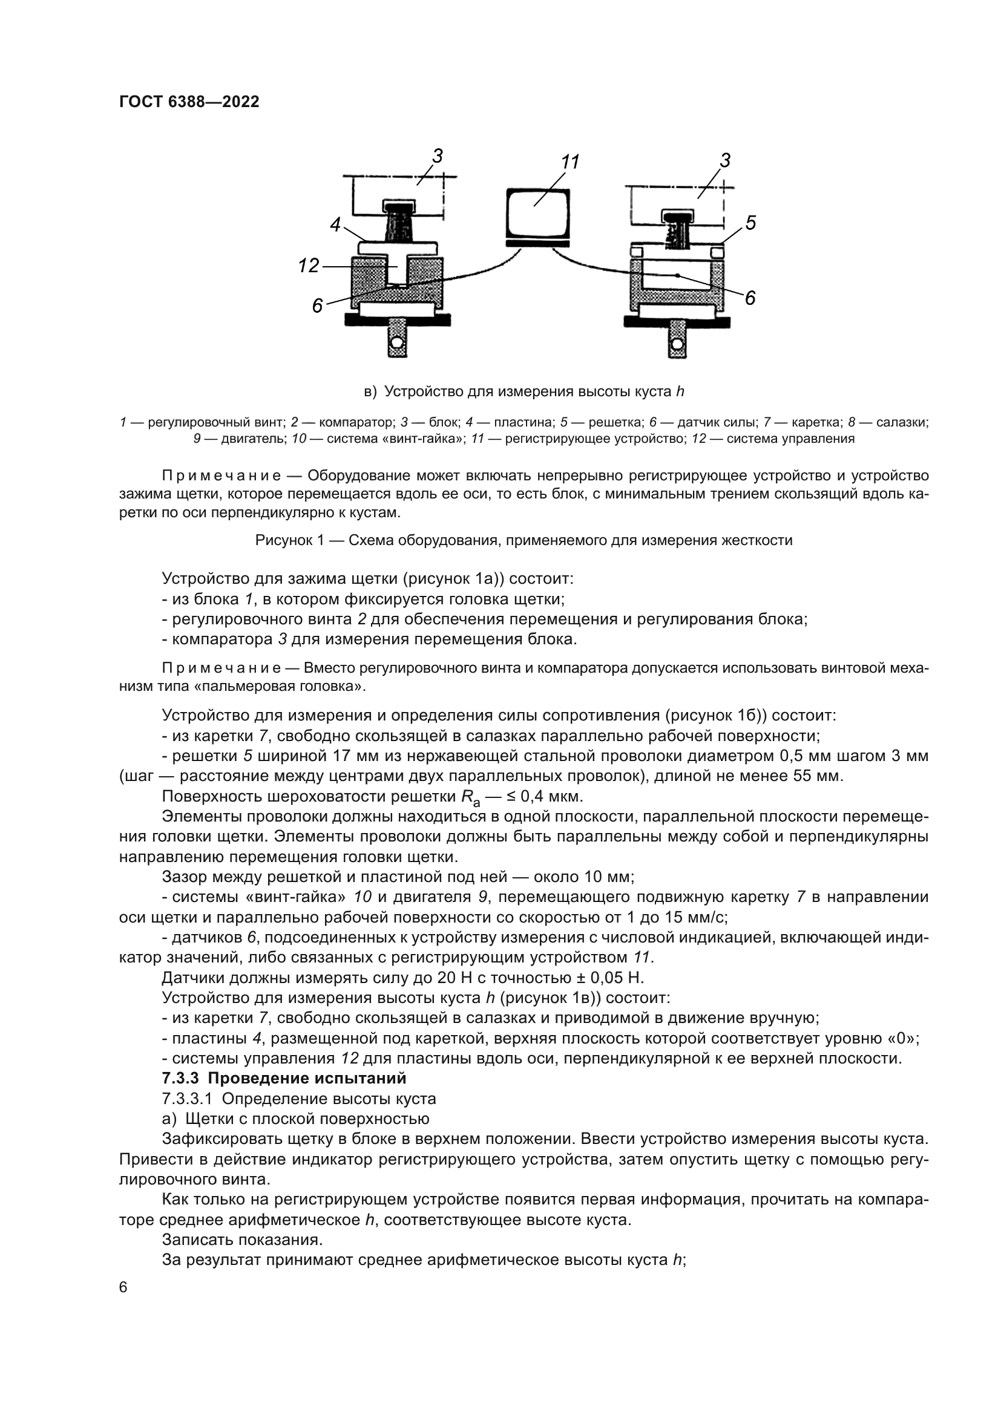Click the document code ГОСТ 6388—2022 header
point(189,102)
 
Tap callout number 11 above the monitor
point(569,162)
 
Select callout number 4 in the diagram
point(335,225)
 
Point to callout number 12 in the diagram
point(308,266)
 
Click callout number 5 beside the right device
point(750,223)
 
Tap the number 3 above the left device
point(437,156)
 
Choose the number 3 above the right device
point(725,160)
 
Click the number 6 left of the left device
point(317,305)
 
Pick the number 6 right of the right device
point(750,298)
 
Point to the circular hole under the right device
point(677,342)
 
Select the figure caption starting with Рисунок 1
point(523,540)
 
